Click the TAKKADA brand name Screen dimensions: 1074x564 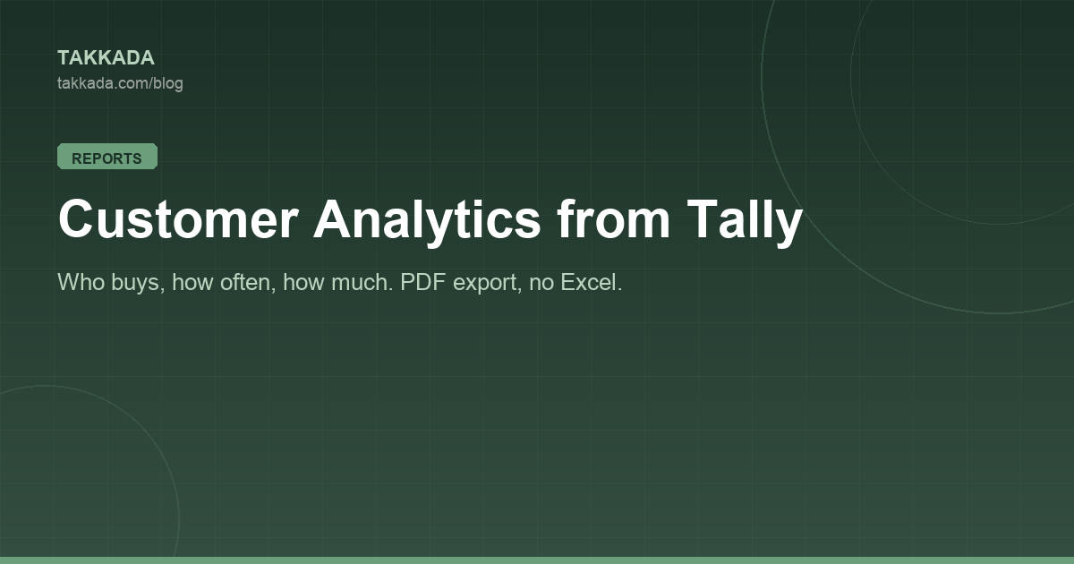coord(106,58)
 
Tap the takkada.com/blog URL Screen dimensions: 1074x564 coord(120,83)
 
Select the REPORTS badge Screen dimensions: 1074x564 coord(107,157)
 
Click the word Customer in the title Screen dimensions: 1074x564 coord(178,218)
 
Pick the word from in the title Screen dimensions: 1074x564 coord(613,218)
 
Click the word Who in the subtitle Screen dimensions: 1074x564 coord(81,282)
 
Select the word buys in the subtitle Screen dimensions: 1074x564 coord(138,284)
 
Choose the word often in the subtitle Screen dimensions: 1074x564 coord(248,282)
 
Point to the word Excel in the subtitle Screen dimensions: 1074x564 coord(592,282)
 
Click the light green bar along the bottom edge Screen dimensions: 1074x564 coord(537,560)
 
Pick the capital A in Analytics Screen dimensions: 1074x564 coord(334,218)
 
